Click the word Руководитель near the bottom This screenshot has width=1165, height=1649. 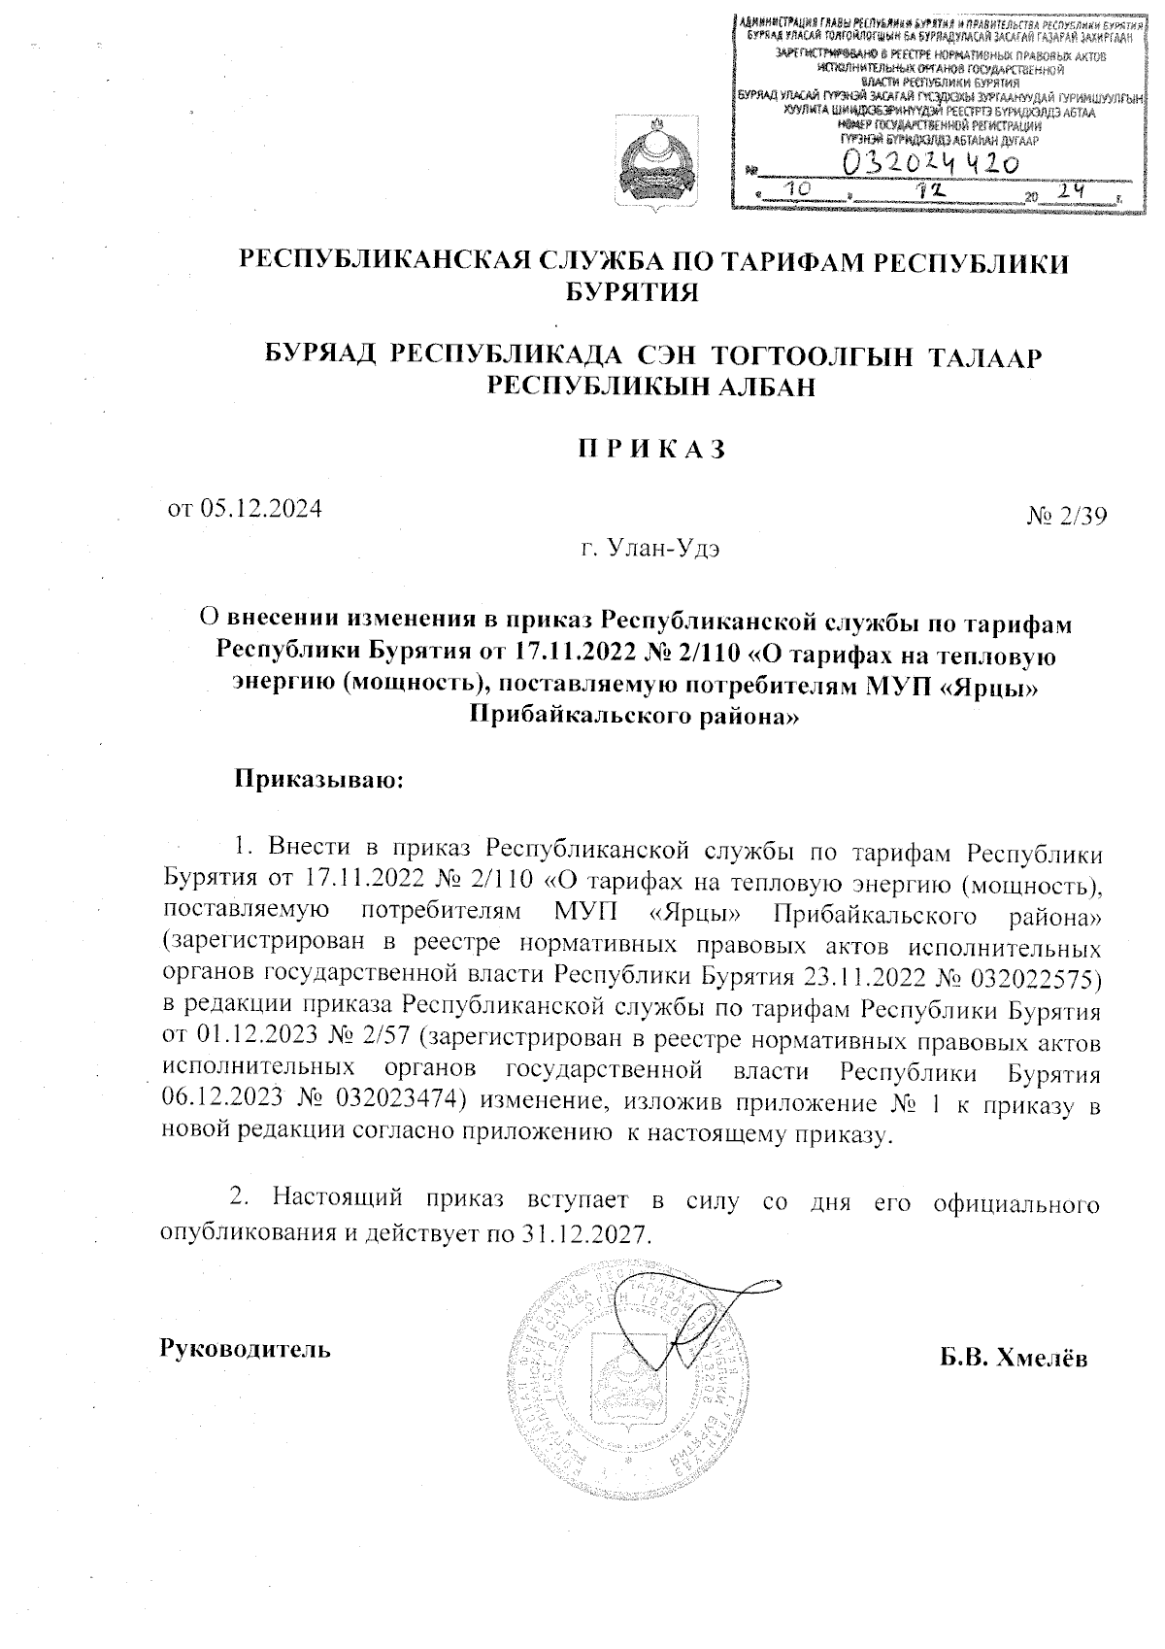point(245,1349)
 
